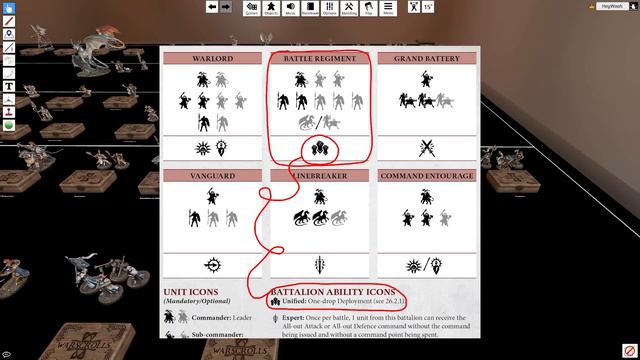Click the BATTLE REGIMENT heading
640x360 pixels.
(x=319, y=59)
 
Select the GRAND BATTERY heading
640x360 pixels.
(x=427, y=59)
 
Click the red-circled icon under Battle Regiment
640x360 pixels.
(x=319, y=150)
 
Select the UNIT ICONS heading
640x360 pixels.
(x=191, y=291)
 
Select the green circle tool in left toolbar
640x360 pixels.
(x=8, y=127)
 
